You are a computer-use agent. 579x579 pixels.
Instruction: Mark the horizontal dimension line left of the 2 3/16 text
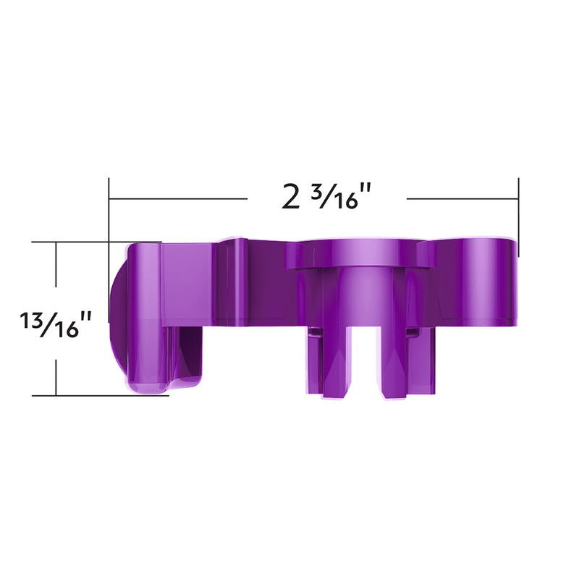(177, 198)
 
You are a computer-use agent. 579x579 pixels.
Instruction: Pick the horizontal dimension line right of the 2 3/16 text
(463, 198)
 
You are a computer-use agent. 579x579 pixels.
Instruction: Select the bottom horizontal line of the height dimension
(94, 395)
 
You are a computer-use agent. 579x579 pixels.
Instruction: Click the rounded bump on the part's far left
(116, 318)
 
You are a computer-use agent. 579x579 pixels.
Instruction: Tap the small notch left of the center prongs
(313, 332)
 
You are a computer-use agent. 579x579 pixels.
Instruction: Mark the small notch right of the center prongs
(413, 332)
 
